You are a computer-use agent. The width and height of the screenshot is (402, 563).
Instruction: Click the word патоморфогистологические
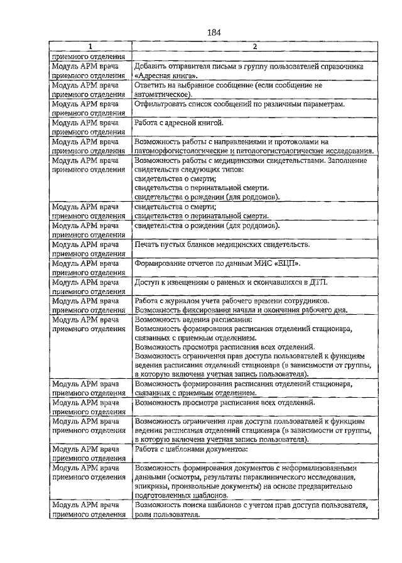(x=186, y=151)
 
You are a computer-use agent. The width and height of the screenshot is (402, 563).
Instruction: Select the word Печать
(x=149, y=244)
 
